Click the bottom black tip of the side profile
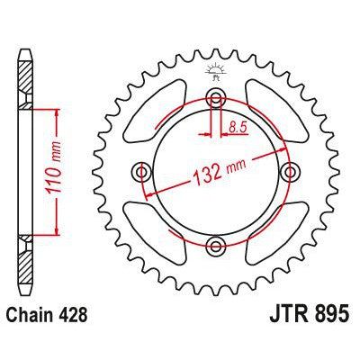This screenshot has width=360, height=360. (x=22, y=295)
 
